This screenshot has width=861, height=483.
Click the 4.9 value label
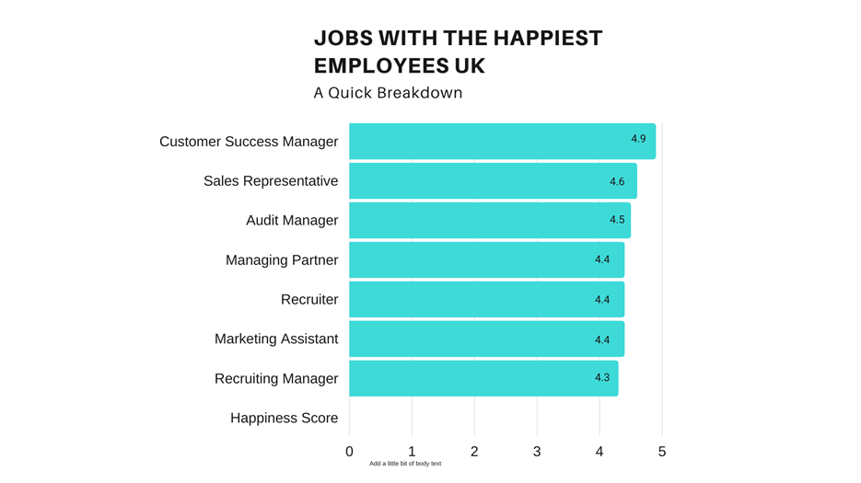coord(638,139)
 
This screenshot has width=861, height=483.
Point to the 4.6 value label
coord(617,182)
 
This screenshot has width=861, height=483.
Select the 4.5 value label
coord(617,220)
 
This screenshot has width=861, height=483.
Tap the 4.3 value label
coord(602,378)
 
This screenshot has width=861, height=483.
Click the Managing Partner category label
coord(282,260)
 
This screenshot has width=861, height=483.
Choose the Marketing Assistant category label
coord(276,339)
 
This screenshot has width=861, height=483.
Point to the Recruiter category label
coord(309,300)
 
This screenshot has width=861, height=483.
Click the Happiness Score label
coord(284,419)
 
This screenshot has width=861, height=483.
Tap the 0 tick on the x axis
coord(349,452)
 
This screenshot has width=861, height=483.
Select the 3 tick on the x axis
coord(537,452)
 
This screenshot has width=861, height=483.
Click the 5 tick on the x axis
coord(662,452)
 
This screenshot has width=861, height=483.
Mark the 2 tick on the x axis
coord(474,452)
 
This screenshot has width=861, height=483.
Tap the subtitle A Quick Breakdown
coord(388,93)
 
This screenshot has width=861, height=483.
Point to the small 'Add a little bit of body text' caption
coord(405,464)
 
